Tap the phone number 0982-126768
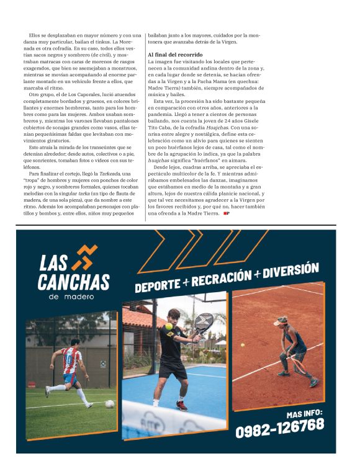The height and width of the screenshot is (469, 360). coord(279,426)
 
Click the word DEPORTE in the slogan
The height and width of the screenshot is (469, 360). coord(158,285)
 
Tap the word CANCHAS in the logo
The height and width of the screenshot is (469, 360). coord(73,282)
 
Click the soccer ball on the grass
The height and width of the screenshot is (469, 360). coord(110,403)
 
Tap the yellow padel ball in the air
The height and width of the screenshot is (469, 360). coord(168,326)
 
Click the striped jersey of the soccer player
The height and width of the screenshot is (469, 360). coord(72,360)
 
